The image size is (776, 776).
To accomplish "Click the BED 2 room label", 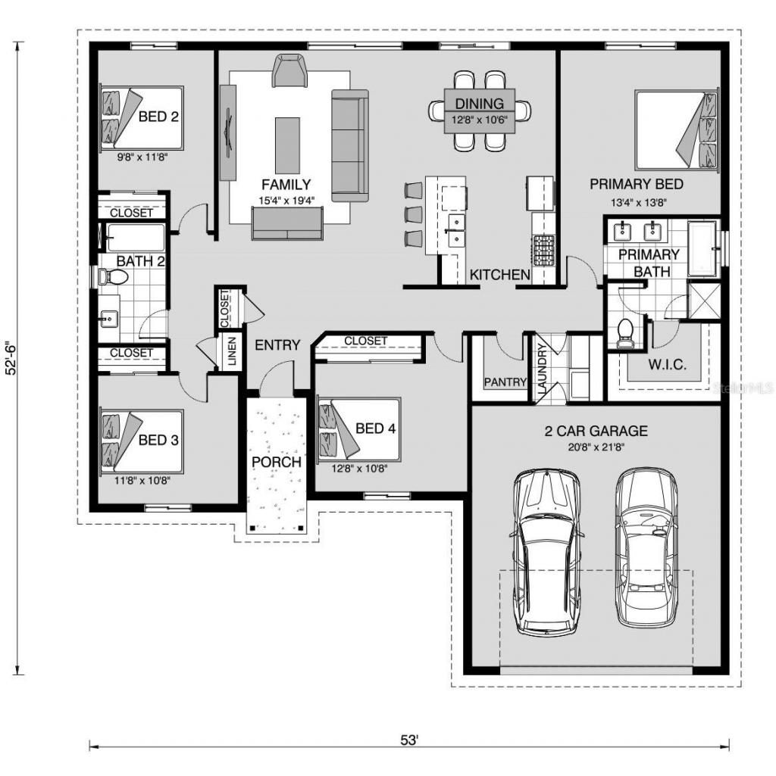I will tap(158, 117).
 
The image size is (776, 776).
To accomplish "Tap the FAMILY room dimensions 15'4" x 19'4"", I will tap(286, 200).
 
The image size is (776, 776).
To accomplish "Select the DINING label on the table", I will tap(479, 104).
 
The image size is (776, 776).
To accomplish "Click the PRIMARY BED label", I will tap(636, 184).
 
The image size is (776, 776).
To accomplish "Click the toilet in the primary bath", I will tap(625, 333).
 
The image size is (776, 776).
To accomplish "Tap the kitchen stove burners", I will tap(544, 251).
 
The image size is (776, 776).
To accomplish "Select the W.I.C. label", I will tap(667, 365).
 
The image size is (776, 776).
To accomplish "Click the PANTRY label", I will tap(505, 382).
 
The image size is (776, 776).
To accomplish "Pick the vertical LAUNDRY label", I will tap(542, 369).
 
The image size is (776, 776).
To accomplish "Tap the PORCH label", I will tap(277, 462).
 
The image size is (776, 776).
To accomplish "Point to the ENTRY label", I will tap(277, 345).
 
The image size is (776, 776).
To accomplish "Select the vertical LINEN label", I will tap(231, 353).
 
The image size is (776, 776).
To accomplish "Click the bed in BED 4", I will tap(356, 429).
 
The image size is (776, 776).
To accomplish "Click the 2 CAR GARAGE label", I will tap(596, 431).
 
